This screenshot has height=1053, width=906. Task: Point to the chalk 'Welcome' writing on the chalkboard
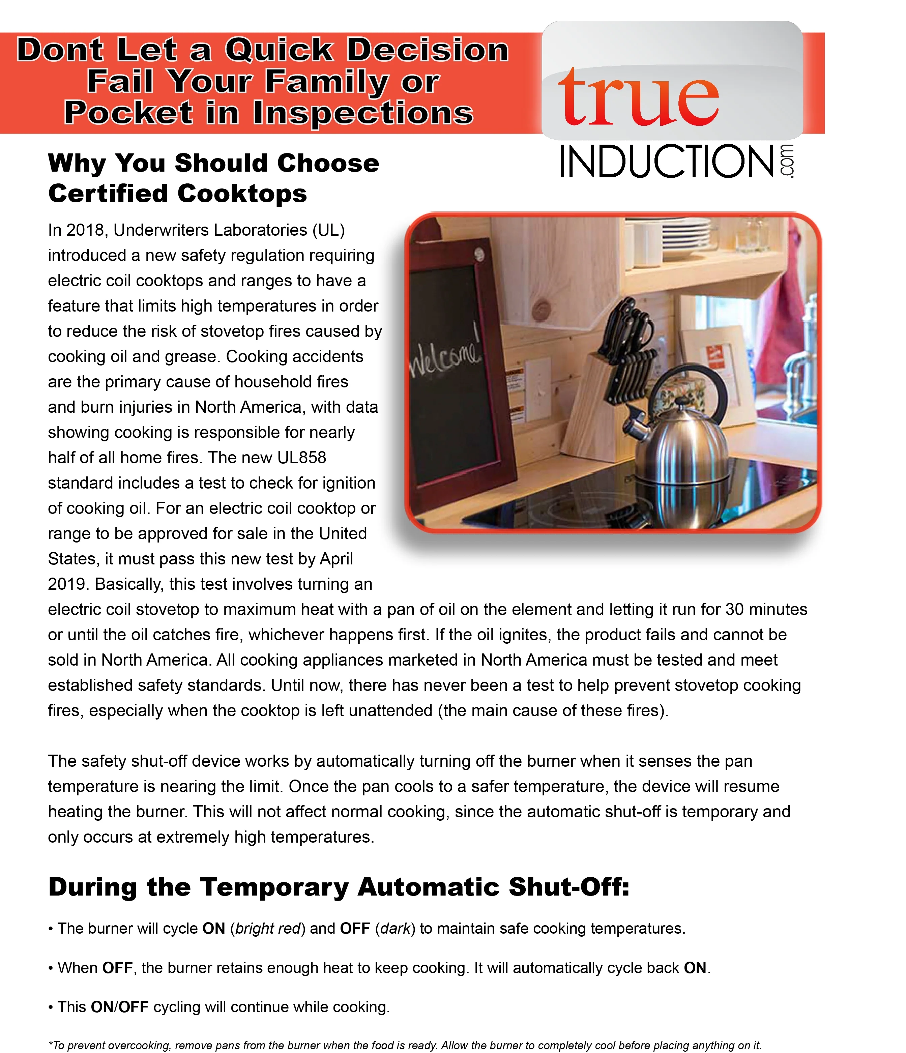tap(445, 356)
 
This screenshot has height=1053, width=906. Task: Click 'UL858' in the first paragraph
tap(301, 458)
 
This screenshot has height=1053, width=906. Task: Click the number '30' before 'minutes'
tap(735, 609)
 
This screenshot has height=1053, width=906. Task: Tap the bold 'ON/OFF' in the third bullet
tap(119, 1007)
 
